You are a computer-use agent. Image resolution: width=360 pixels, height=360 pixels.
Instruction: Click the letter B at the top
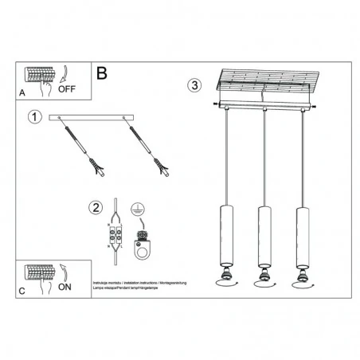101,74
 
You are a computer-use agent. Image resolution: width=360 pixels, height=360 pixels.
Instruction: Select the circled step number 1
34,118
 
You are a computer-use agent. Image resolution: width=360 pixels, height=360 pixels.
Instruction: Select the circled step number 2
96,209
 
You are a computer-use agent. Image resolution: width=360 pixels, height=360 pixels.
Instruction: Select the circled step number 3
194,86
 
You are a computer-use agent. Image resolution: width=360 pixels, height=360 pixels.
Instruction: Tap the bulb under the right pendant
302,278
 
